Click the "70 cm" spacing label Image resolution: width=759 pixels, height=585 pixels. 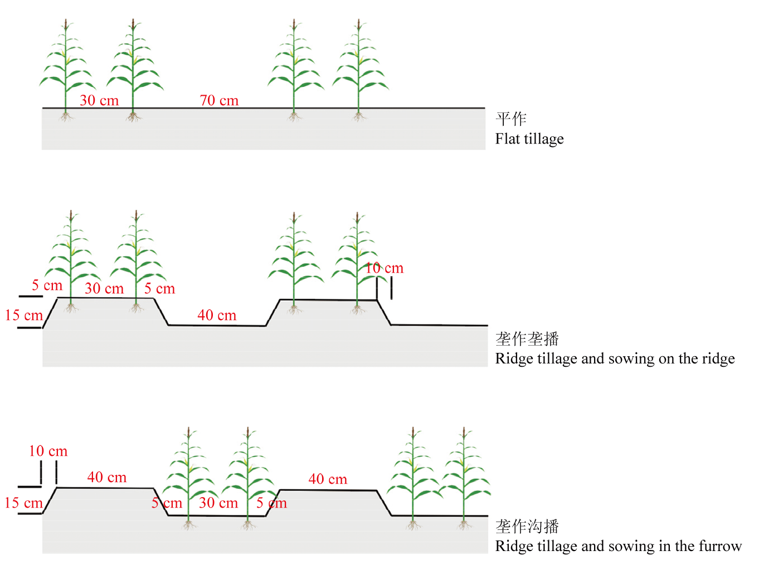click(219, 101)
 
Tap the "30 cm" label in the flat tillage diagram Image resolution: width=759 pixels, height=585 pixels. click(99, 101)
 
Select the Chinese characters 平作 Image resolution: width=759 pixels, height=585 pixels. click(511, 119)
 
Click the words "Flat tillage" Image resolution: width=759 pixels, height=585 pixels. click(529, 139)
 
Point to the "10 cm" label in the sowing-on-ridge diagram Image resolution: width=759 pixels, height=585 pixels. click(384, 268)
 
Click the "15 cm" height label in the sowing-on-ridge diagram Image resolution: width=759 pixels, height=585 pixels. click(24, 316)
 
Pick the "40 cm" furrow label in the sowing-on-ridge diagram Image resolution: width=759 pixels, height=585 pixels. click(217, 316)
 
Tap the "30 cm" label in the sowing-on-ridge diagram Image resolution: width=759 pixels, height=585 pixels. click(104, 289)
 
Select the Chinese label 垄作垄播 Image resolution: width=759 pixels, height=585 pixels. click(527, 339)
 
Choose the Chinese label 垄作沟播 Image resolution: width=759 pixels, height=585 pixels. click(527, 527)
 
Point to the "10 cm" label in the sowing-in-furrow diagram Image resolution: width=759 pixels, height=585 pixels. click(48, 451)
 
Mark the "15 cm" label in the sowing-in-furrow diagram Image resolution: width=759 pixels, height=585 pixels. click(23, 503)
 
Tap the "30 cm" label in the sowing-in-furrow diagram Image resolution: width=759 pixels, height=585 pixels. click(218, 503)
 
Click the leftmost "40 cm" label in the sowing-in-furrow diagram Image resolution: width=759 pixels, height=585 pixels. click(106, 478)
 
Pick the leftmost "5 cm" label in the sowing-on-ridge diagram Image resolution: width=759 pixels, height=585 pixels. click(47, 286)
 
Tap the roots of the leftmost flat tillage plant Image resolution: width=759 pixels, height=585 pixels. click(66, 116)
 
